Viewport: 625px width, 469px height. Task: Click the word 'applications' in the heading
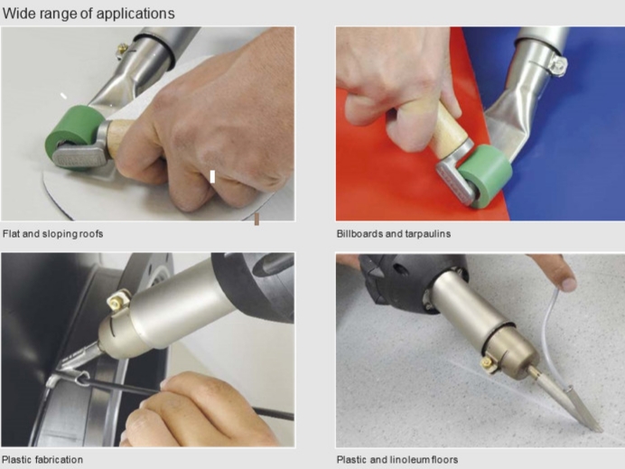click(135, 14)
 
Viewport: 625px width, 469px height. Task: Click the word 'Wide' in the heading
click(17, 14)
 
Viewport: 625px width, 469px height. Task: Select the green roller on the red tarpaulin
click(486, 175)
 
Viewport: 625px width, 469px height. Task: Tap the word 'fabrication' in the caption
click(59, 460)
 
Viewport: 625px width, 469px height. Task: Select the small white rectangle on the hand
click(212, 177)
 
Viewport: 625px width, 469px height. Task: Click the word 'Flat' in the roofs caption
click(11, 234)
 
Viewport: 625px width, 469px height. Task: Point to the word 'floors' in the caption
click(444, 460)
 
